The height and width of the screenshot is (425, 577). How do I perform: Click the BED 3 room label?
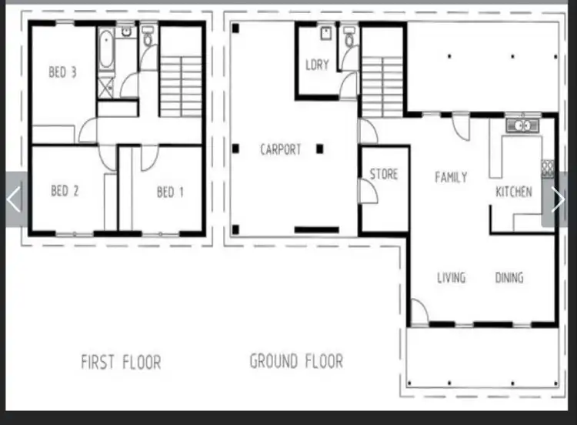pyautogui.click(x=62, y=73)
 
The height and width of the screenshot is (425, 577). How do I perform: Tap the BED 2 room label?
pyautogui.click(x=65, y=191)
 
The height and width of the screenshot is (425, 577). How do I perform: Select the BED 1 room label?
pyautogui.click(x=170, y=192)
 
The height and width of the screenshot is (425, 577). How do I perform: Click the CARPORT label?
pyautogui.click(x=281, y=150)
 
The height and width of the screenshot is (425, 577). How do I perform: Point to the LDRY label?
pyautogui.click(x=317, y=65)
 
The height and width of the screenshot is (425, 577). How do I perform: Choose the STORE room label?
pyautogui.click(x=384, y=174)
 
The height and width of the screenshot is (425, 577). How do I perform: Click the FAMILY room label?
pyautogui.click(x=451, y=178)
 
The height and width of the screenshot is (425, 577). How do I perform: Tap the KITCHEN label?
pyautogui.click(x=514, y=192)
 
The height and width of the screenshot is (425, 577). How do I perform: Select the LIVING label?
pyautogui.click(x=451, y=277)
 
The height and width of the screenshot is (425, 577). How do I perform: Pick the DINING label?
pyautogui.click(x=509, y=277)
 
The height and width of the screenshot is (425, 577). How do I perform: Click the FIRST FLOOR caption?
pyautogui.click(x=122, y=362)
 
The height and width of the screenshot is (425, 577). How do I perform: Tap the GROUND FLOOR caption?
pyautogui.click(x=296, y=360)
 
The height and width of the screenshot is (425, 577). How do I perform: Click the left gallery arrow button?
pyautogui.click(x=14, y=199)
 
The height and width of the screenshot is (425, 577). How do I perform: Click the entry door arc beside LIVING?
pyautogui.click(x=419, y=313)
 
